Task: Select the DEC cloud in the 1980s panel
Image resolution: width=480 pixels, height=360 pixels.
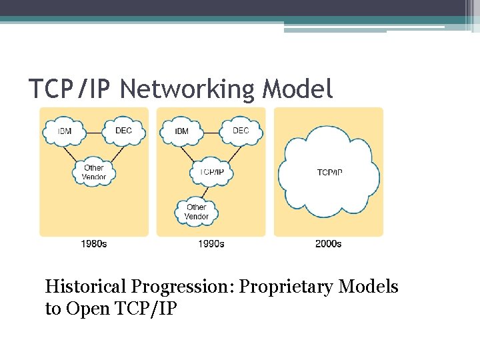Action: click(123, 131)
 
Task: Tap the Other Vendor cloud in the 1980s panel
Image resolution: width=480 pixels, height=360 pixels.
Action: click(94, 173)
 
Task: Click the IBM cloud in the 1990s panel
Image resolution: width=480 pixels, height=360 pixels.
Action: click(181, 131)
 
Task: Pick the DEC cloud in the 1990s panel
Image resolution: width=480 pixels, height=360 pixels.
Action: click(241, 131)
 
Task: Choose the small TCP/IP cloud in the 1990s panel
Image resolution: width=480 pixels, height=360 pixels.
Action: click(211, 171)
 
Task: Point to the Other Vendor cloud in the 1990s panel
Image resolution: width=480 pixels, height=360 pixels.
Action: click(197, 212)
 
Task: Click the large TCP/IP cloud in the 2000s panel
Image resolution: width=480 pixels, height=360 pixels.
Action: click(329, 173)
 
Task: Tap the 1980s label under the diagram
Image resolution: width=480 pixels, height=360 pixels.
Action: click(94, 244)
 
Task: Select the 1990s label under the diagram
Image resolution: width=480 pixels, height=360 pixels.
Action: click(211, 244)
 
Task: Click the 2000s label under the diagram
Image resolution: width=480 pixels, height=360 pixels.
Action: click(329, 244)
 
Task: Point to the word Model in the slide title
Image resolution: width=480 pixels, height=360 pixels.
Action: click(299, 89)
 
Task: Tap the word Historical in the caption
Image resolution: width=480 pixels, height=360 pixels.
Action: click(85, 287)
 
